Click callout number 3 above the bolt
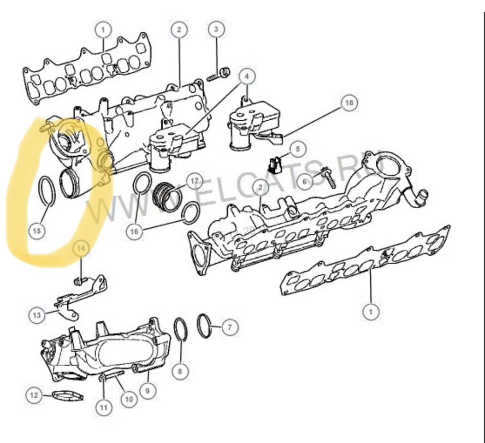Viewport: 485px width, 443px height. pyautogui.click(x=216, y=29)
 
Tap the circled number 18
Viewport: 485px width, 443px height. pyautogui.click(x=348, y=103)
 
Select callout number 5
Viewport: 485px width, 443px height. pyautogui.click(x=298, y=149)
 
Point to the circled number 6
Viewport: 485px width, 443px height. pyautogui.click(x=304, y=181)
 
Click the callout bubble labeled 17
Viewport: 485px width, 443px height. pyautogui.click(x=195, y=181)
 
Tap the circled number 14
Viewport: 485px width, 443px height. pyautogui.click(x=82, y=248)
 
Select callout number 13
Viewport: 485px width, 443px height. pyautogui.click(x=36, y=316)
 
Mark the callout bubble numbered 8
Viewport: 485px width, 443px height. pyautogui.click(x=179, y=372)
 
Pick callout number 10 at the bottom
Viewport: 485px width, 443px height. pyautogui.click(x=128, y=399)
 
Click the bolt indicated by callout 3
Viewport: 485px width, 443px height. pyautogui.click(x=218, y=75)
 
